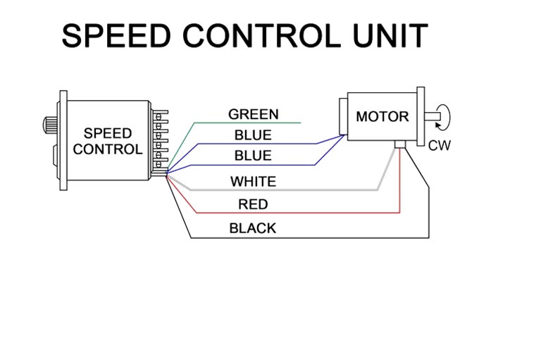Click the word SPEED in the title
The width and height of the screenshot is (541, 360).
coord(116,35)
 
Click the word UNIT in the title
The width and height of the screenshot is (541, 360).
coord(390,35)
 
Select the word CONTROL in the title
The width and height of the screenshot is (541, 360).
coord(261,35)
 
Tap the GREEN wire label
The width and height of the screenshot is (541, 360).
coord(254,114)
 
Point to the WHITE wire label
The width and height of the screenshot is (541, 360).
coord(254,182)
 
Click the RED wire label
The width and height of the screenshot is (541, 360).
coord(253,204)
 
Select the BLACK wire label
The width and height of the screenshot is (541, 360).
coord(253,228)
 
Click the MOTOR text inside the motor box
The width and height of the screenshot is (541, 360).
coord(383,117)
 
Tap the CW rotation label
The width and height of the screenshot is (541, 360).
coord(440,146)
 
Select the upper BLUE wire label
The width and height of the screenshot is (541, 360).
coord(253,135)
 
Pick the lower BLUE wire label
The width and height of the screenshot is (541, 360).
coord(253,156)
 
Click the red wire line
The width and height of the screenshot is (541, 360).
coord(297,213)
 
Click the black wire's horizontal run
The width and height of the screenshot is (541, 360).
coord(310,238)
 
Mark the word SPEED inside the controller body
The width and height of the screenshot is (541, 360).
coord(108,133)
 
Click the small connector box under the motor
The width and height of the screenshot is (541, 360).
coord(400,144)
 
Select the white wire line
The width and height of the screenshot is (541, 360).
coord(283,190)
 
